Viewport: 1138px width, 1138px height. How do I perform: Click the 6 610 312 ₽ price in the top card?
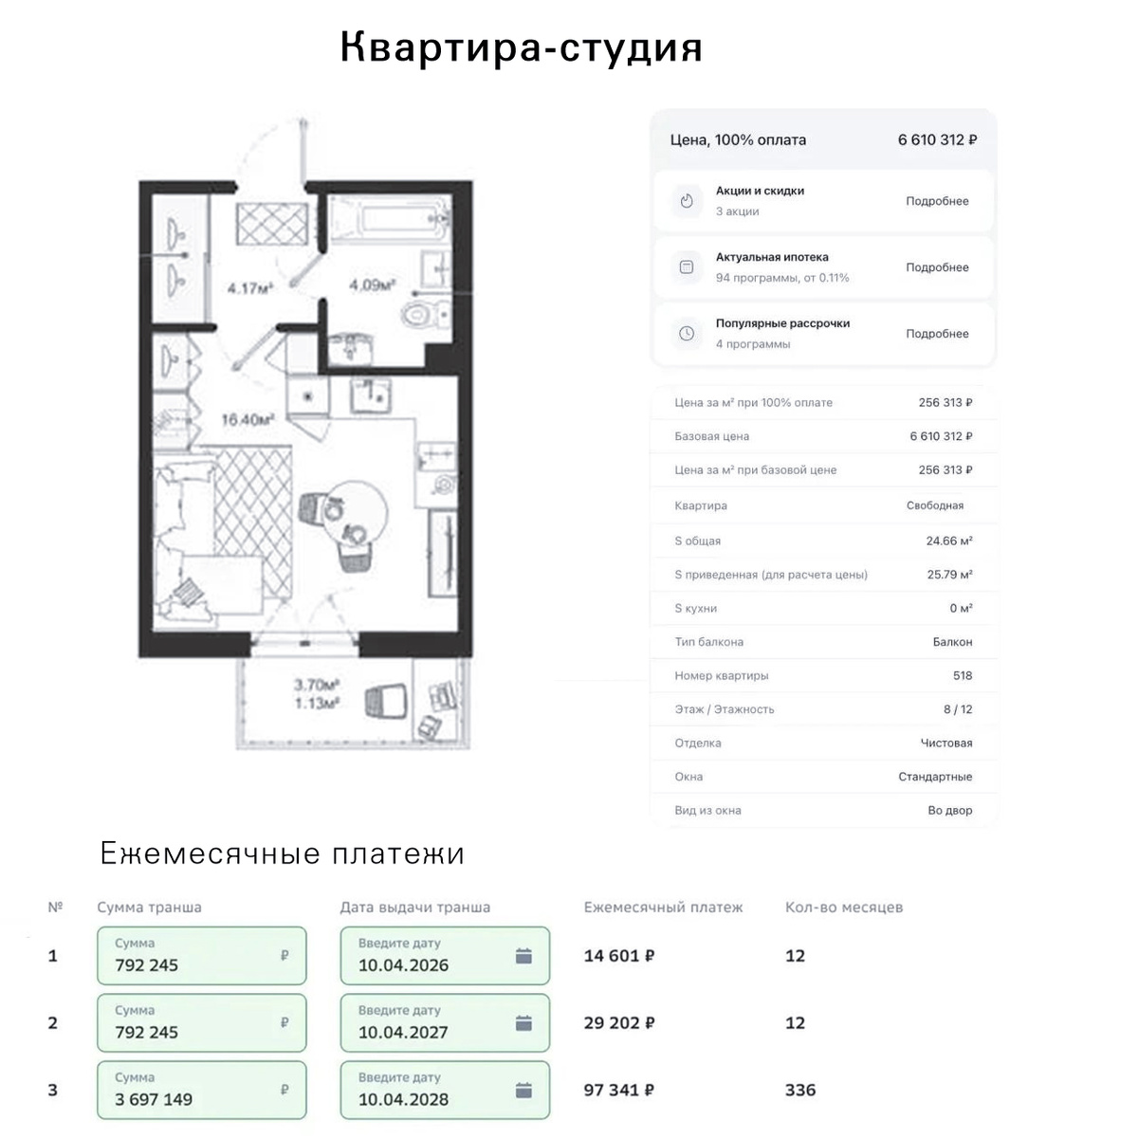point(937,140)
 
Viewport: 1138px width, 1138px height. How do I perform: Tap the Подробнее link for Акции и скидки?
point(937,201)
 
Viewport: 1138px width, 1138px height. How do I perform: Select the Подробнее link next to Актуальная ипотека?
point(937,266)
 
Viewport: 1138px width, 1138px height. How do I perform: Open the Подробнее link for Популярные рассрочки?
point(937,333)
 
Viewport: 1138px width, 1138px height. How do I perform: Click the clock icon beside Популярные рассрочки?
point(687,333)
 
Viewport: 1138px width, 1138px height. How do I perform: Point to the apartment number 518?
point(962,675)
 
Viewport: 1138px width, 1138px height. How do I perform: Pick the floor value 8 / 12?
point(957,708)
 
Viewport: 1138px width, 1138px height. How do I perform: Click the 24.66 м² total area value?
point(949,541)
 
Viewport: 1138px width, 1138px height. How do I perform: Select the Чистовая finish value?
point(946,743)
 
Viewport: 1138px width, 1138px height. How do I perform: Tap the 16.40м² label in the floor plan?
point(248,420)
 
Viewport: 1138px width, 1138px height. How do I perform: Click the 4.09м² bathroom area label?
point(372,285)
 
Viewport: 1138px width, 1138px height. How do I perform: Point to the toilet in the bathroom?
point(425,314)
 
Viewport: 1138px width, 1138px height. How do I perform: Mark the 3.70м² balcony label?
point(316,685)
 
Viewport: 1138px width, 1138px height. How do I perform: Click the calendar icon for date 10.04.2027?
point(523,1023)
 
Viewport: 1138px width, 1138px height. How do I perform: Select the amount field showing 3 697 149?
point(201,1090)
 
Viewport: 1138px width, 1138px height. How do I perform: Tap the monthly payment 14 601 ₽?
point(619,956)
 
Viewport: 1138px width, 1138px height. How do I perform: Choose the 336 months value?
point(800,1090)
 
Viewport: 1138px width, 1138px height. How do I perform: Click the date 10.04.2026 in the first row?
point(403,965)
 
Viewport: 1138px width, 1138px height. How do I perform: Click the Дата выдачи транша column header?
point(414,908)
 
